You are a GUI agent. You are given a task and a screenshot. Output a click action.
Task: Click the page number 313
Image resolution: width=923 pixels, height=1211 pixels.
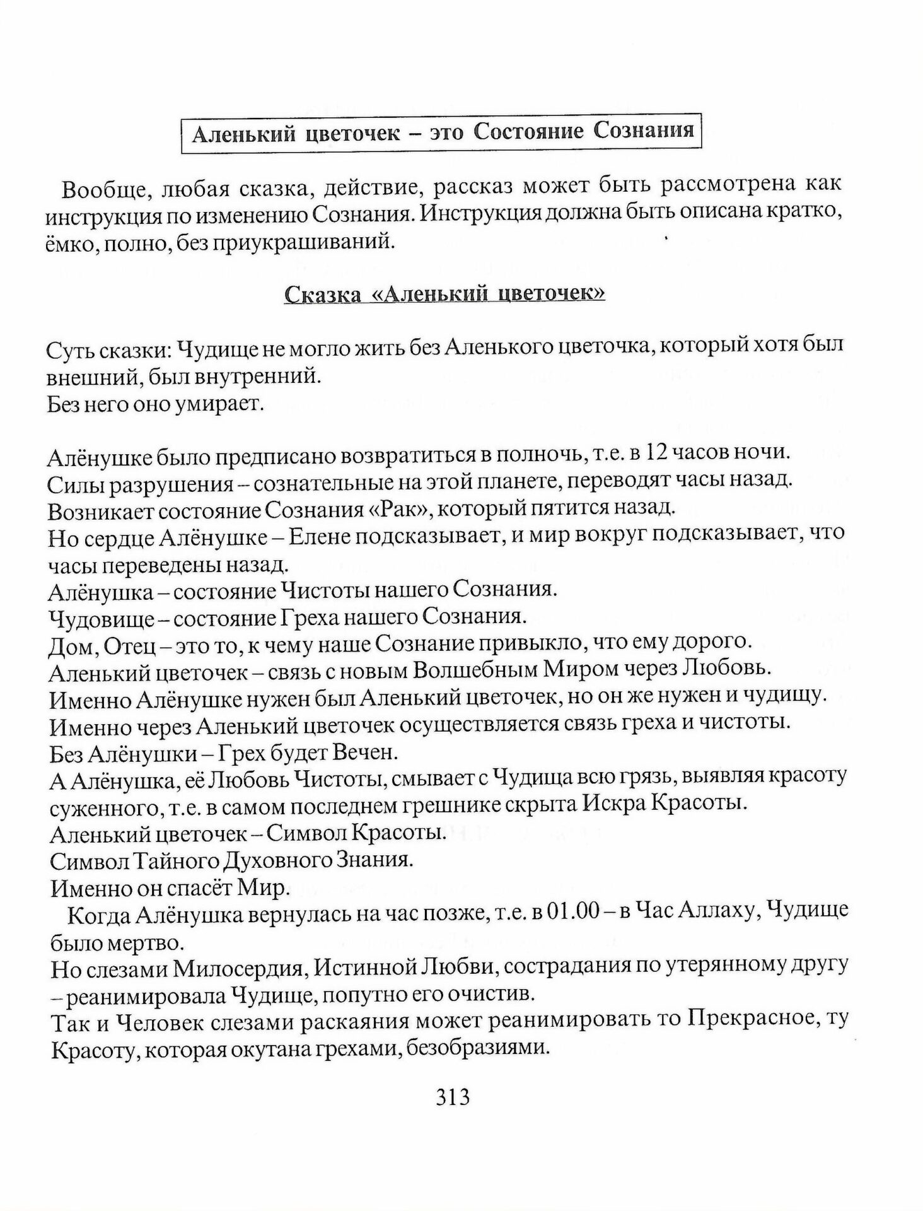point(453,1098)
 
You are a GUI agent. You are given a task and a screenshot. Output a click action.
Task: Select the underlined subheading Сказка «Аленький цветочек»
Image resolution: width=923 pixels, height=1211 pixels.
point(445,294)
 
